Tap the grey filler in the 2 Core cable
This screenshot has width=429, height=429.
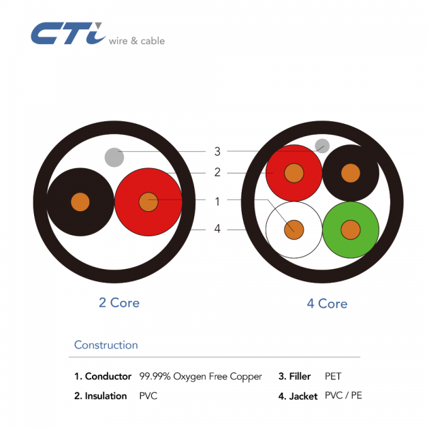114,158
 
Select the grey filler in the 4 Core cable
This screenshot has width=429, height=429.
322,146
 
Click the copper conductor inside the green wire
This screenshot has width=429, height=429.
351,229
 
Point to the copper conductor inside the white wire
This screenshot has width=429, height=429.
294,229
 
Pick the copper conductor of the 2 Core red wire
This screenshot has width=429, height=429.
148,202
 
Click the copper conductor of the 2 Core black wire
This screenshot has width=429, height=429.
80,202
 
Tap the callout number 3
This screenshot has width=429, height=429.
217,151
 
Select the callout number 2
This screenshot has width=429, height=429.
217,172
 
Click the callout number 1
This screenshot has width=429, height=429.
217,201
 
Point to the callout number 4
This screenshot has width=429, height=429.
217,229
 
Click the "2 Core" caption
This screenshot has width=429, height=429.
119,302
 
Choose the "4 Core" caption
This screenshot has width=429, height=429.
327,303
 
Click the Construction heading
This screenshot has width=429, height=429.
106,345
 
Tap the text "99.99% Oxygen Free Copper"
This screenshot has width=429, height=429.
200,377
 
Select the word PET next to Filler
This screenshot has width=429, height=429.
333,376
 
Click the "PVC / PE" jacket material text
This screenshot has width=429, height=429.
343,396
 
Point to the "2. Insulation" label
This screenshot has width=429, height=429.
101,396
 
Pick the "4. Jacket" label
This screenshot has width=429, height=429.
298,396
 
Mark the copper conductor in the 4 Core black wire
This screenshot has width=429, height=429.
350,173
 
